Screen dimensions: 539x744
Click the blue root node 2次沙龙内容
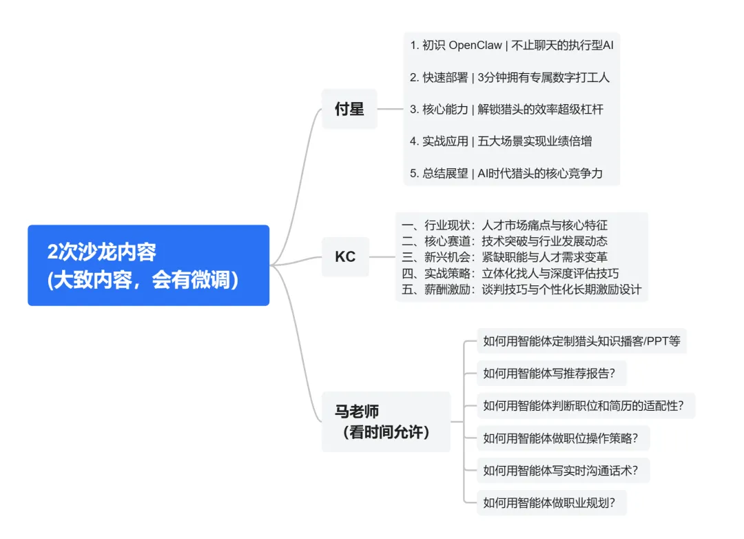pos(148,265)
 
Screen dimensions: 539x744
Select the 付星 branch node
pos(349,109)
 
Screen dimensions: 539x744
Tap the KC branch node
pos(345,257)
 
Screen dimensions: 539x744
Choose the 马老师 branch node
pos(386,422)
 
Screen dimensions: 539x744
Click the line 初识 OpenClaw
pos(511,45)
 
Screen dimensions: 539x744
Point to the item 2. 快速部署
pos(510,77)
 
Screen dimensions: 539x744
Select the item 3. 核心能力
pos(506,109)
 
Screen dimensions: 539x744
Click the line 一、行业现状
pos(504,225)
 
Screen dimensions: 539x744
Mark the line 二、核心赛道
pos(504,241)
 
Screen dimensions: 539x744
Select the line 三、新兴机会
pos(504,257)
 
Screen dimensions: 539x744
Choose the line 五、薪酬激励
pos(521,289)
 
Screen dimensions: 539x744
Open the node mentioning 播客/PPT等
pos(581,340)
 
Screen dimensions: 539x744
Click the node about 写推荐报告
pos(550,374)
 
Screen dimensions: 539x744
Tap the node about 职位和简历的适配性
pos(583,405)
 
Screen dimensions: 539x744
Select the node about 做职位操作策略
pos(561,438)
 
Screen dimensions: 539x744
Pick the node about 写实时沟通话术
pos(561,471)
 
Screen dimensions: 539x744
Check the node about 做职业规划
pos(550,502)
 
